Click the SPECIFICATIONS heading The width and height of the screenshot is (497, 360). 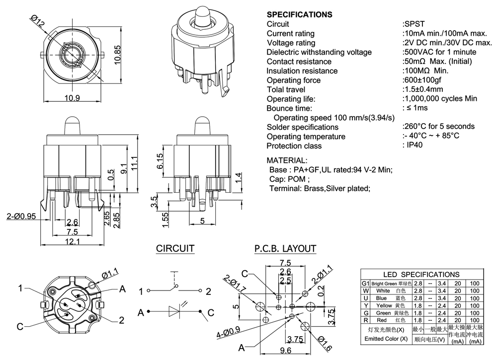click(x=299, y=14)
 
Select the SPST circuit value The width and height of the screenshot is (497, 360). click(x=414, y=24)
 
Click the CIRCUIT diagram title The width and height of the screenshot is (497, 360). click(x=175, y=248)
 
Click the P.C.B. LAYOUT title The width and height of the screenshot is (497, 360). click(x=285, y=248)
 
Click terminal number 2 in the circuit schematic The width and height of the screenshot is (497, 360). click(x=209, y=290)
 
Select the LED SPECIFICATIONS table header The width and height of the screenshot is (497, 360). click(x=421, y=274)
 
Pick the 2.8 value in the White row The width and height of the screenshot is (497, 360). click(x=418, y=290)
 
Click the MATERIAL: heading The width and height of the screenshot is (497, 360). click(x=287, y=160)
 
